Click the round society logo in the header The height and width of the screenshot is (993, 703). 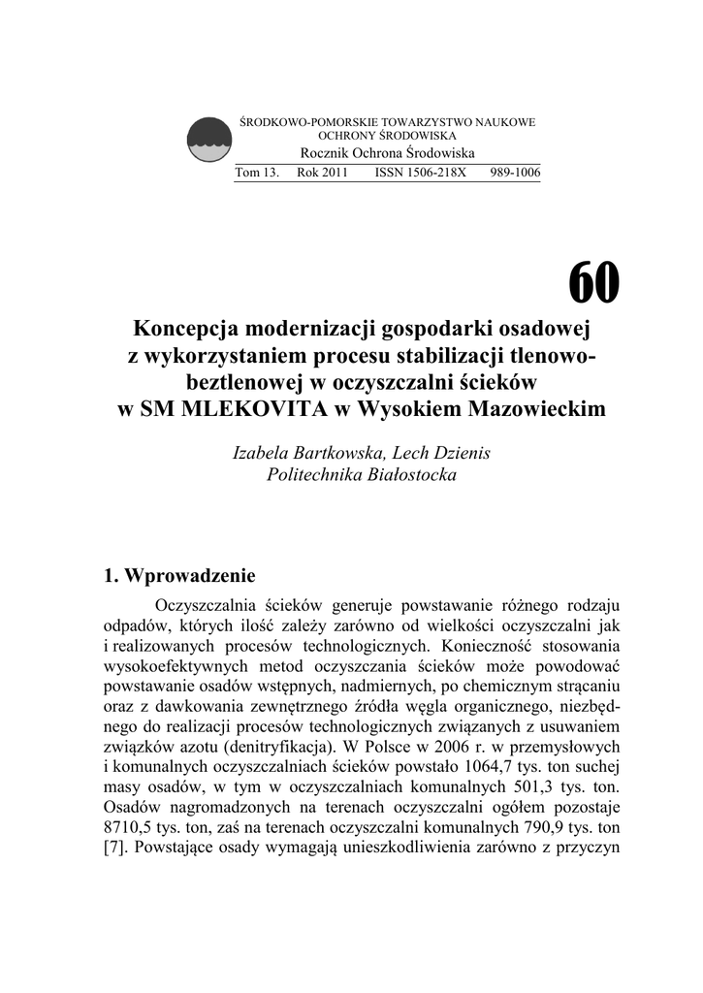[208, 140]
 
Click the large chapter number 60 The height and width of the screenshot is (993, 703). [592, 283]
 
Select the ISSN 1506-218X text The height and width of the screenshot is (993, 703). [420, 172]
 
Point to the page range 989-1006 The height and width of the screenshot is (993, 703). [516, 172]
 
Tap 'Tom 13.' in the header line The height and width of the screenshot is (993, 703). [257, 172]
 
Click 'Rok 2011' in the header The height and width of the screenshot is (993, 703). [322, 172]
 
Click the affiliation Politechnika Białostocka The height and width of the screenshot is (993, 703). [361, 475]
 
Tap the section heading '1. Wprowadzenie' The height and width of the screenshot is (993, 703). [179, 574]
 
